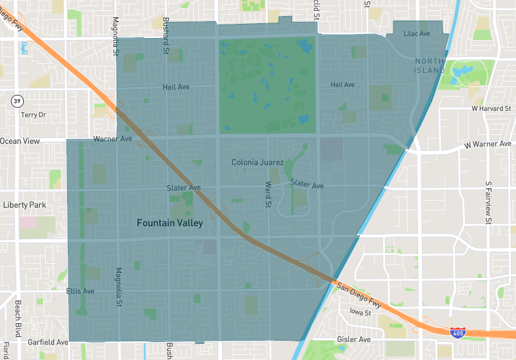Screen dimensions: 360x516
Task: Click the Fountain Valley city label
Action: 170,223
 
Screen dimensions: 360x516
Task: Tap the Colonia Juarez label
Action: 258,163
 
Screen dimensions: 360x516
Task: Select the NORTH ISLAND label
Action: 430,65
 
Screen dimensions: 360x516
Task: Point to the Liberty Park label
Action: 25,205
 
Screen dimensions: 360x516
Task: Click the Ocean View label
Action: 20,141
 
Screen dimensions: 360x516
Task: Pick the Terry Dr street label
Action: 34,115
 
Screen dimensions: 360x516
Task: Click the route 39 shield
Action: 17,101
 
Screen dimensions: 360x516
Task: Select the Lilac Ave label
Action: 417,34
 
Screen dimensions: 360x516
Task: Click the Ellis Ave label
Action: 81,292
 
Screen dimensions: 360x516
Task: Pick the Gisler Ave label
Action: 354,339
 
